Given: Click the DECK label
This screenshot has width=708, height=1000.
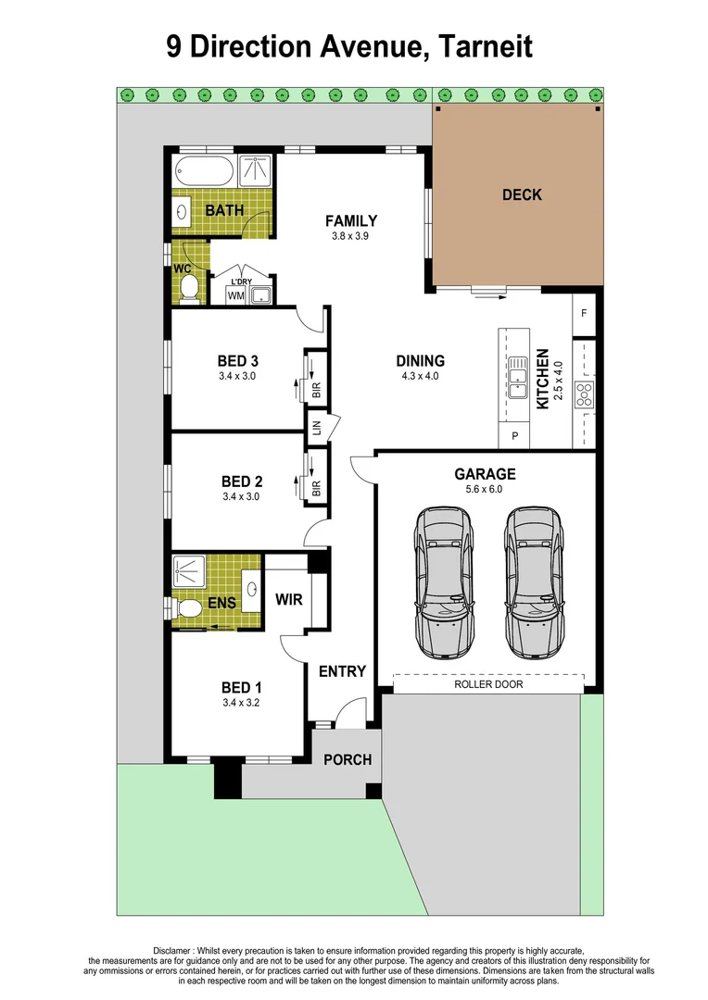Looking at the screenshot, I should coord(522,194).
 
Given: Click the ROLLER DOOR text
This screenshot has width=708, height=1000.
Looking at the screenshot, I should coord(488,684).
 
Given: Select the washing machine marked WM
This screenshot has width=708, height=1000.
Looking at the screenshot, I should coord(235,295).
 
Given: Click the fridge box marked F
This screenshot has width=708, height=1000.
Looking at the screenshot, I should coord(584,314).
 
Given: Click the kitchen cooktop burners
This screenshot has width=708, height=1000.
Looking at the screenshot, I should coord(585,394).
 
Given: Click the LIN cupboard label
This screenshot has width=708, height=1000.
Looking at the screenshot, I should coord(317,427).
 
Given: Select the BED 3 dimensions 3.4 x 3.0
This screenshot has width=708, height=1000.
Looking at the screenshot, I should coord(237,377).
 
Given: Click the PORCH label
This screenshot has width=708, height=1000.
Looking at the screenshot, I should coord(347,759).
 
